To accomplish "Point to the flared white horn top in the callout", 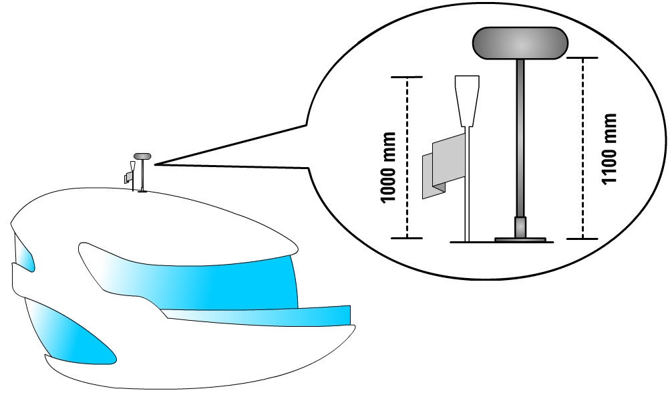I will point(468,100).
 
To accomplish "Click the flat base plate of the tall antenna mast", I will point(520,238).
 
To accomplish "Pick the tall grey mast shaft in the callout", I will point(520,134).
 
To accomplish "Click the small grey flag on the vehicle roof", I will point(128,177).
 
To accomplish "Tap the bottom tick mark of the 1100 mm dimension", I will point(583,238).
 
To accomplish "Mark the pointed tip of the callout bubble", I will point(155,163).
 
